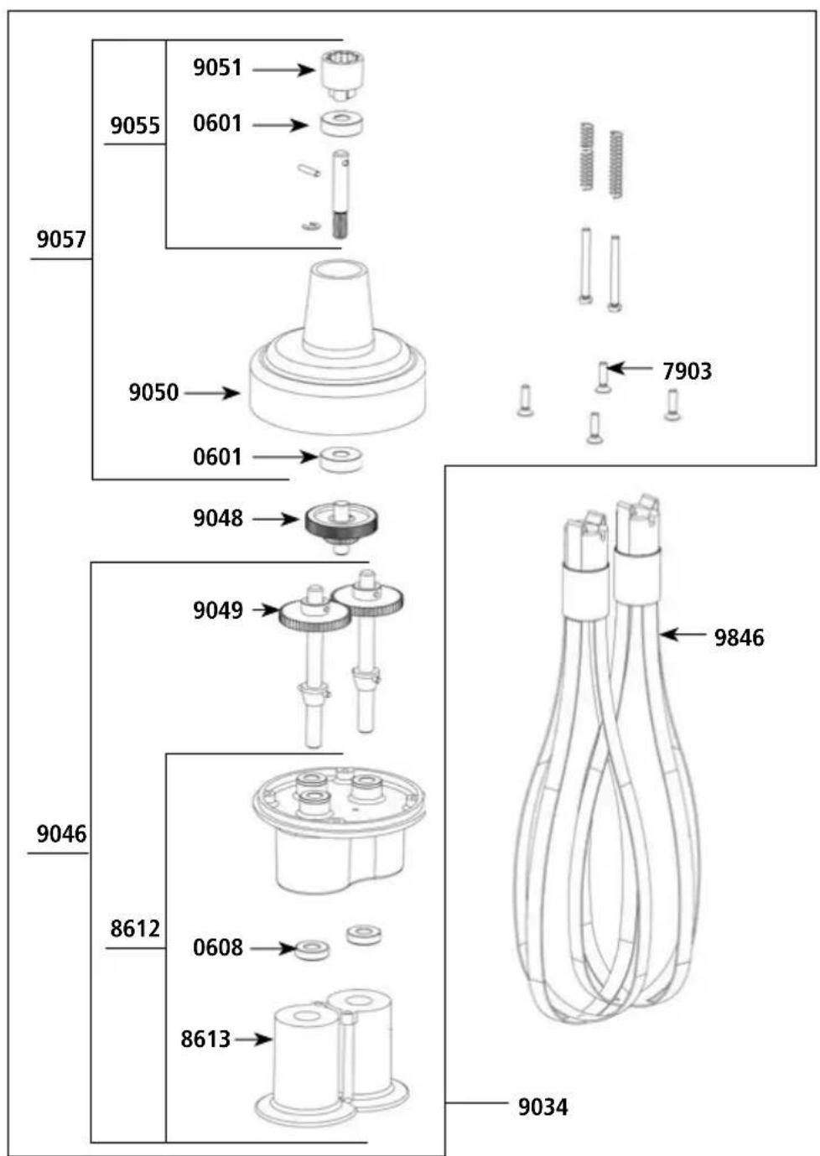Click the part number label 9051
pos(217,68)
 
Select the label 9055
pos(135,126)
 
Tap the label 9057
pos(61,240)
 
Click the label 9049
pos(218,610)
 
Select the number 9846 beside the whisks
pos(739,638)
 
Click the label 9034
pos(542,1107)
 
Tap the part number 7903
pos(687,371)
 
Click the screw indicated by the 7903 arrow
pos(603,376)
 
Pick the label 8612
pos(135,929)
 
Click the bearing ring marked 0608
pos(312,950)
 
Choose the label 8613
pos(205,1039)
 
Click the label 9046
pos(61,834)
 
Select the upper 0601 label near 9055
pos(217,123)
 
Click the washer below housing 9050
pos(341,459)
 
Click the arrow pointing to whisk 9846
pos(682,635)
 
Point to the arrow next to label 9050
pos(212,392)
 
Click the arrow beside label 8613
pos(253,1039)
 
